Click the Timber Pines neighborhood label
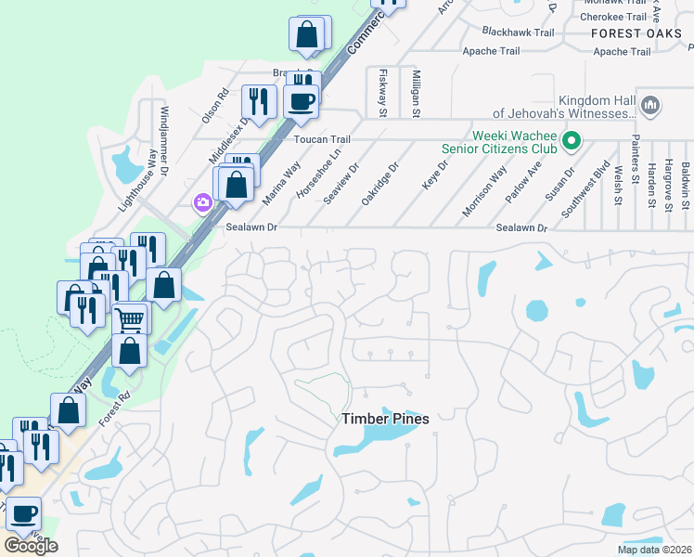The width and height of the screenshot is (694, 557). click(385, 419)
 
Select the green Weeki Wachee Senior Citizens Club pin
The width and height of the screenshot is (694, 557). click(572, 141)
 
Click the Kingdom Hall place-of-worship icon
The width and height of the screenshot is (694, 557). click(649, 107)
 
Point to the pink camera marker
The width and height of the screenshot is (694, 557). click(202, 202)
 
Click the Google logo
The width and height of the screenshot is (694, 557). click(31, 545)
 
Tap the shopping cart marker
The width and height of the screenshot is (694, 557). click(131, 320)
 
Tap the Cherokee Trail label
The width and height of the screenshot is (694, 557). click(612, 17)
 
